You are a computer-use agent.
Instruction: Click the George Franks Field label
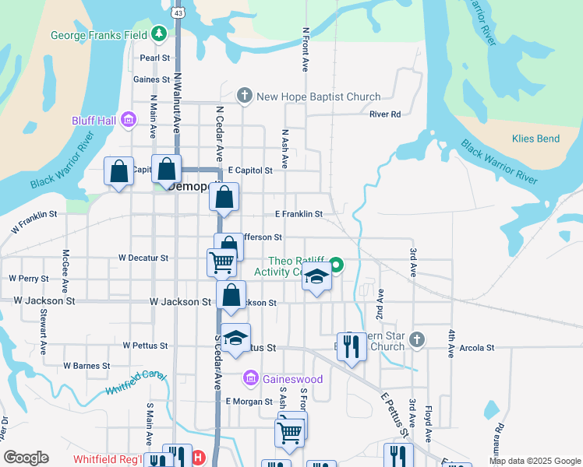tap(99, 35)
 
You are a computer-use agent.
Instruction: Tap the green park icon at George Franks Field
tap(159, 33)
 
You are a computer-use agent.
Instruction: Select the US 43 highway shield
tap(179, 13)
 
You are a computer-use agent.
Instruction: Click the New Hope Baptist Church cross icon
tap(245, 97)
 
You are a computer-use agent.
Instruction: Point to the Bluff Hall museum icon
tap(128, 120)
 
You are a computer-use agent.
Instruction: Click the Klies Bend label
tap(535, 139)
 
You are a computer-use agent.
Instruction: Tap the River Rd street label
tap(384, 114)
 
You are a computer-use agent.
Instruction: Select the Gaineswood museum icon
tap(250, 379)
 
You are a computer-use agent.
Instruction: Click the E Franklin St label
tap(299, 213)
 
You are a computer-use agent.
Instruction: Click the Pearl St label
tap(154, 58)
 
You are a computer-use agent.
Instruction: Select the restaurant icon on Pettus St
tap(352, 346)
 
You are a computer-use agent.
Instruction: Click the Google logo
tap(26, 458)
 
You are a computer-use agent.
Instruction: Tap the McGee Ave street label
tap(66, 265)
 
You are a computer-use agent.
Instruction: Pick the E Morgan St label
tap(249, 402)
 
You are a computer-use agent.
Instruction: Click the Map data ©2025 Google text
tap(534, 461)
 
